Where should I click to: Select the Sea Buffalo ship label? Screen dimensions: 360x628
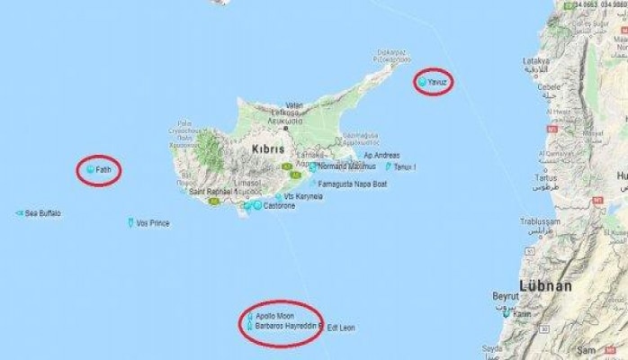pyautogui.click(x=43, y=213)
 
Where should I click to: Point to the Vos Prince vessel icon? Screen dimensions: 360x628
pyautogui.click(x=131, y=222)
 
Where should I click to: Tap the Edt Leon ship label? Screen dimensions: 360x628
pyautogui.click(x=341, y=328)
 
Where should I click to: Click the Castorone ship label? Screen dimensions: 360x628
pyautogui.click(x=279, y=206)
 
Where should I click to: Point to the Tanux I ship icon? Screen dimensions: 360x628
pyautogui.click(x=389, y=166)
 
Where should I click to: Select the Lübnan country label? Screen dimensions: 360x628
pyautogui.click(x=545, y=286)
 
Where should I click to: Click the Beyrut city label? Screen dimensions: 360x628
pyautogui.click(x=506, y=296)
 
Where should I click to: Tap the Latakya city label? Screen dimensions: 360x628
pyautogui.click(x=537, y=61)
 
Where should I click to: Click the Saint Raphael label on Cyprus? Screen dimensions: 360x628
pyautogui.click(x=209, y=192)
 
